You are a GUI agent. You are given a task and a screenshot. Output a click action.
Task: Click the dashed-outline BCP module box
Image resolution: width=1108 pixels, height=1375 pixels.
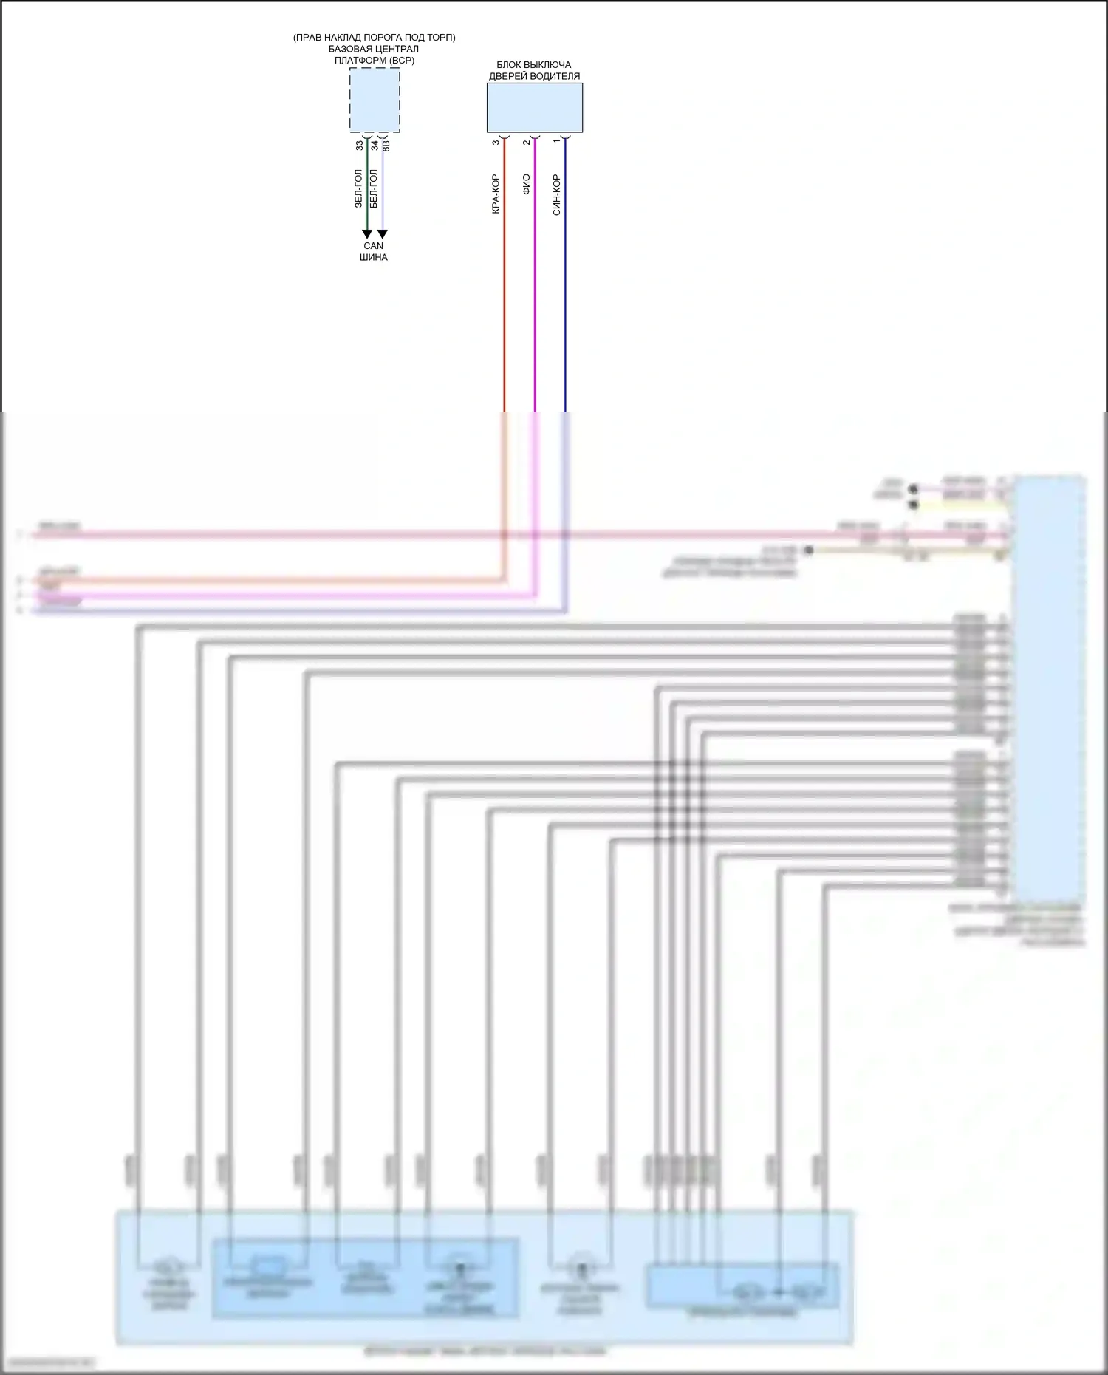click(375, 100)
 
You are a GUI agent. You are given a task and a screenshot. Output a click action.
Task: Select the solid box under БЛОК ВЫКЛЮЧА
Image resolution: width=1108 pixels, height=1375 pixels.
click(534, 108)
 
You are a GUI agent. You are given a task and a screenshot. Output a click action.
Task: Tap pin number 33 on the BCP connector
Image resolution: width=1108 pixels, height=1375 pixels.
click(360, 146)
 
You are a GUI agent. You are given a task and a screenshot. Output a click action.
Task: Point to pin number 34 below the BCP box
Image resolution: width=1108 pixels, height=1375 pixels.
click(375, 146)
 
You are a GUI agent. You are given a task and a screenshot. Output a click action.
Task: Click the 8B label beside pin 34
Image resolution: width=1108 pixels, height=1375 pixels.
click(386, 146)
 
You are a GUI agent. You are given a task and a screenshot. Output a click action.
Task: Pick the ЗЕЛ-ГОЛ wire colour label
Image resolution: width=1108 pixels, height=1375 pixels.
click(359, 188)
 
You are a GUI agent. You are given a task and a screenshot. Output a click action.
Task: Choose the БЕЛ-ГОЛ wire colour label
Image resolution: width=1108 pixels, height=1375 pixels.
click(374, 188)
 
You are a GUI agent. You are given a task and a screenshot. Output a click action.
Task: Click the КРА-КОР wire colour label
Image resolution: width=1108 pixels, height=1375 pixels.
click(496, 194)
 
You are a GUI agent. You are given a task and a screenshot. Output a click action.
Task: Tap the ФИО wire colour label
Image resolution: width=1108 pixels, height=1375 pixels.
click(527, 184)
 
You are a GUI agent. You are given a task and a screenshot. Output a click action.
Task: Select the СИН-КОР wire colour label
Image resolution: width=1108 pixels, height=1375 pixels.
click(557, 194)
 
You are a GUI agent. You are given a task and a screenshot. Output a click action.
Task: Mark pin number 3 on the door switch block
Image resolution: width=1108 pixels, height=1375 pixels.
click(496, 142)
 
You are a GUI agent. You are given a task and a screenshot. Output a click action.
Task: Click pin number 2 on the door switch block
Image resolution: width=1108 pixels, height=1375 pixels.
click(527, 142)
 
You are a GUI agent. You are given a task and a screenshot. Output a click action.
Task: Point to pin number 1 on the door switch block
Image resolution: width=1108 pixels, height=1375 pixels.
click(557, 142)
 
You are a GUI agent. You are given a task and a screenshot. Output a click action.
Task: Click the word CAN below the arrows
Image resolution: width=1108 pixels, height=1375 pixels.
click(374, 246)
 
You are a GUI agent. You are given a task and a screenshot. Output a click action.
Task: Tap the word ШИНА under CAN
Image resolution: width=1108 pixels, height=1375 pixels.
click(374, 257)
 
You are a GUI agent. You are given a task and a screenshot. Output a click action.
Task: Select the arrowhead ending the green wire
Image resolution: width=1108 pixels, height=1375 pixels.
click(367, 234)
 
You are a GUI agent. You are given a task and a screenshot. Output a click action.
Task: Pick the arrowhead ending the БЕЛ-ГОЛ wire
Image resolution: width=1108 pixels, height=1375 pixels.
click(382, 234)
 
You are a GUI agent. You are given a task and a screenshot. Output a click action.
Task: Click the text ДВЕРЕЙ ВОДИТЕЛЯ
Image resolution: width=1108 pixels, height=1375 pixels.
click(534, 76)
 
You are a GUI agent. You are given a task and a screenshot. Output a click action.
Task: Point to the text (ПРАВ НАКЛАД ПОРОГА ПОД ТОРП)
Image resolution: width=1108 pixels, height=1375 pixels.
click(374, 38)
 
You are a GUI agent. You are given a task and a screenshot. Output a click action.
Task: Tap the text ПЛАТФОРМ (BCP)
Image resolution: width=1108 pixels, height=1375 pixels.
click(375, 60)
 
